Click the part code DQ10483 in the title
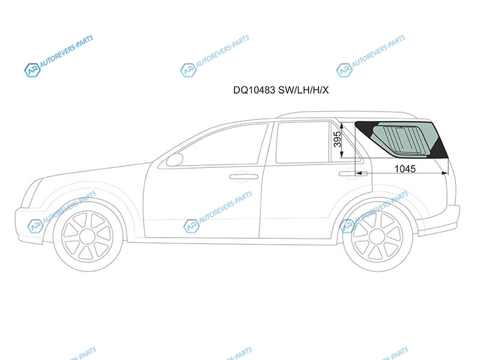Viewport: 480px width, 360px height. [x=254, y=90]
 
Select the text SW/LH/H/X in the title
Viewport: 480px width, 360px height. [x=304, y=90]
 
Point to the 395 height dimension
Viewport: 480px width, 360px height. [x=337, y=139]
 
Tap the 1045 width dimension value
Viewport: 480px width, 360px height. [x=405, y=169]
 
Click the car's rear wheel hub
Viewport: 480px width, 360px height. [x=377, y=236]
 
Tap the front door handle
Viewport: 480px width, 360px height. [x=244, y=176]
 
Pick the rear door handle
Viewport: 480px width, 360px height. [x=348, y=173]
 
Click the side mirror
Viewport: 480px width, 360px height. [x=175, y=160]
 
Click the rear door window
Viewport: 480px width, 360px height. [x=303, y=142]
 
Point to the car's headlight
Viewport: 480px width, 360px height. [x=32, y=192]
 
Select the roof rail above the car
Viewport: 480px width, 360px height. [x=346, y=114]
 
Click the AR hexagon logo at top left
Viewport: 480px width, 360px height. [x=32, y=70]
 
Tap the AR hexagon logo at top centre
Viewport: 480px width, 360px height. [x=188, y=70]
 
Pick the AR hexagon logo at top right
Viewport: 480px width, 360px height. [x=344, y=70]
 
